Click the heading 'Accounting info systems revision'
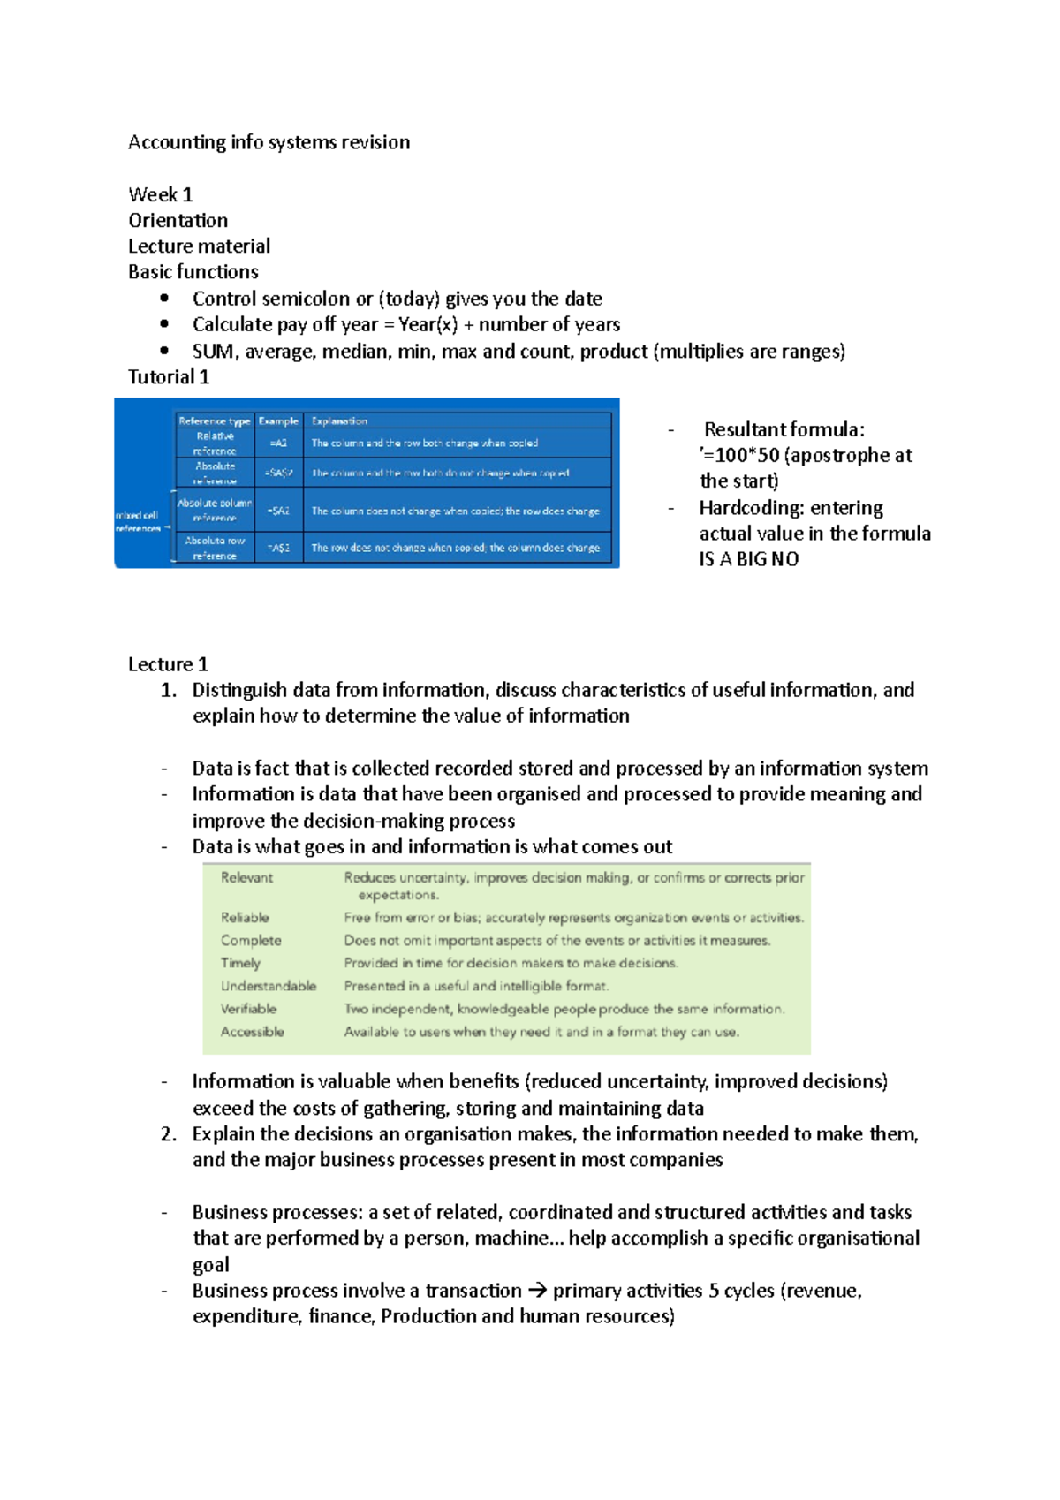click(x=269, y=142)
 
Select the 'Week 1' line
click(x=160, y=194)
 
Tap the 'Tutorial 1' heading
click(x=169, y=377)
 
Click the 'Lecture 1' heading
click(x=168, y=664)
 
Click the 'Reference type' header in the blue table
click(x=214, y=421)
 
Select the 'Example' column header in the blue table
click(x=278, y=421)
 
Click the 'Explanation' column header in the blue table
click(x=339, y=421)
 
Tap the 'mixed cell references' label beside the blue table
click(x=138, y=521)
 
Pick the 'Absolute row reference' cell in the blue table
click(x=215, y=548)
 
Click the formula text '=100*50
click(x=740, y=456)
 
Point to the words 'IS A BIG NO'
click(x=749, y=559)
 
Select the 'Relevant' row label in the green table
click(x=246, y=877)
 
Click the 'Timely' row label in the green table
click(x=240, y=963)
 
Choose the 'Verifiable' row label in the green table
click(x=248, y=1009)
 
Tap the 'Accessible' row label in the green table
click(x=252, y=1032)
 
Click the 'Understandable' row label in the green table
click(x=268, y=986)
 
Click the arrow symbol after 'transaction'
click(x=537, y=1291)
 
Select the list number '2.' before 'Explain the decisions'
click(x=169, y=1134)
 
